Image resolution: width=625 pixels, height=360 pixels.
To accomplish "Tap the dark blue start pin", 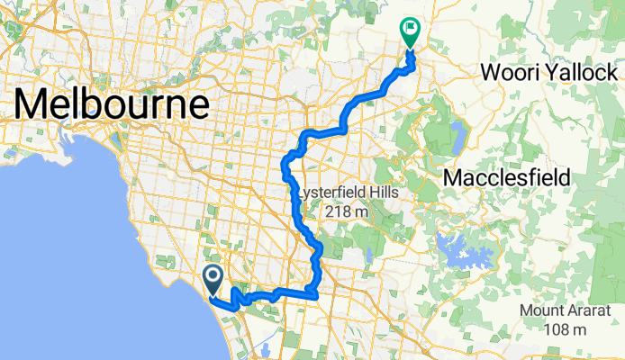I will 213,279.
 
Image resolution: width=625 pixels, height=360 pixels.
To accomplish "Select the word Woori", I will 516,71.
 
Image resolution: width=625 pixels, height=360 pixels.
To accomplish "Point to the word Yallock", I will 584,71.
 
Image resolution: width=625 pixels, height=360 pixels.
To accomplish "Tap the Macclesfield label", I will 507,177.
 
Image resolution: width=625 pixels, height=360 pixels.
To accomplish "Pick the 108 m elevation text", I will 568,330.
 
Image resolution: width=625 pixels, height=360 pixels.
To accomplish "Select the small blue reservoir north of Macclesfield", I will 457,137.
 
